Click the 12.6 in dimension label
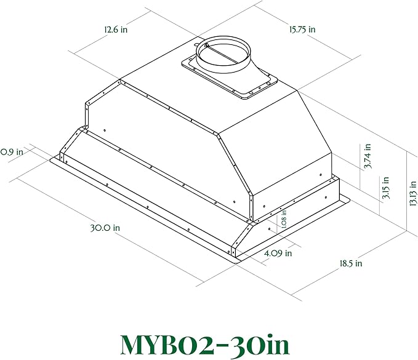click(x=116, y=29)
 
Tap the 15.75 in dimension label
click(x=302, y=29)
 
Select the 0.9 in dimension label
click(x=12, y=151)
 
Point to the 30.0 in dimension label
click(x=105, y=228)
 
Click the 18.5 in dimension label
click(x=351, y=263)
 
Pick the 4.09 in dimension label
click(x=278, y=253)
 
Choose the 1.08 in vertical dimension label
click(x=284, y=219)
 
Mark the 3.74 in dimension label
click(x=368, y=156)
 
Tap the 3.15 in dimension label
click(x=386, y=188)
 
